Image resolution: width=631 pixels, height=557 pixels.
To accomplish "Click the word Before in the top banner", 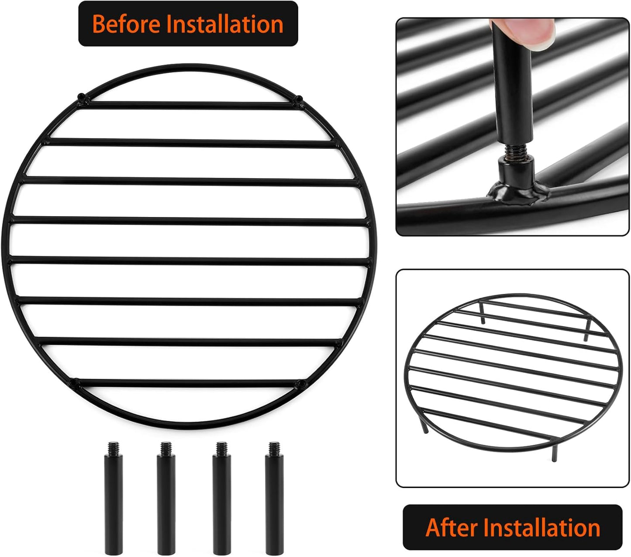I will pyautogui.click(x=127, y=24).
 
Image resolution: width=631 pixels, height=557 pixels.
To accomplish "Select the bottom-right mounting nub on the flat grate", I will pyautogui.click(x=300, y=384).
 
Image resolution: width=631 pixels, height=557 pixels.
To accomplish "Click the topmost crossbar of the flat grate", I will pyautogui.click(x=188, y=105).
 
